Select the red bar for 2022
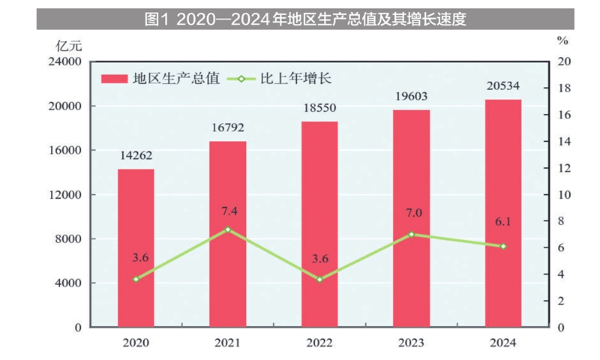pyautogui.click(x=319, y=224)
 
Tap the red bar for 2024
pyautogui.click(x=503, y=213)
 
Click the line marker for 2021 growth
pyautogui.click(x=228, y=229)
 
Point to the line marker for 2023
pyautogui.click(x=412, y=234)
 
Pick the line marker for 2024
pyautogui.click(x=503, y=246)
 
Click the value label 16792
pyautogui.click(x=228, y=128)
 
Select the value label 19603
pyautogui.click(x=412, y=97)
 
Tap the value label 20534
pyautogui.click(x=503, y=85)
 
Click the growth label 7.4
pyautogui.click(x=228, y=211)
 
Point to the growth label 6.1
pyautogui.click(x=503, y=223)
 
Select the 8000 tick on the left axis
pyautogui.click(x=68, y=239)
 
